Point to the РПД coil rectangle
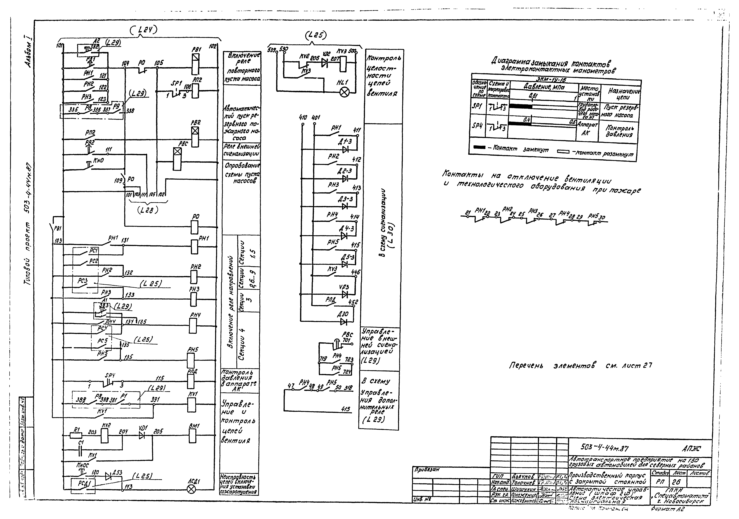[x=191, y=382]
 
